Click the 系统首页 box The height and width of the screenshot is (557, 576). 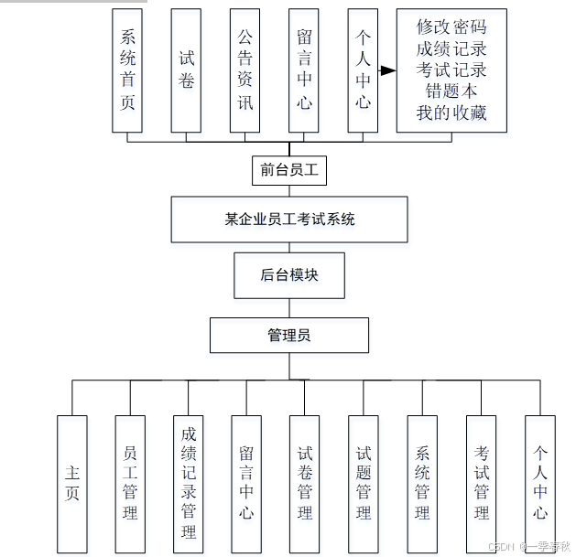[128, 70]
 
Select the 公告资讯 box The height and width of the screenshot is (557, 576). [245, 70]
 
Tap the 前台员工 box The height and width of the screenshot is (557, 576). [289, 169]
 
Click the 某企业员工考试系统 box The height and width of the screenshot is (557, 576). [289, 220]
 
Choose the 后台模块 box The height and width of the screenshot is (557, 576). [289, 274]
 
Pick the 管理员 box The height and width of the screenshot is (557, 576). [289, 335]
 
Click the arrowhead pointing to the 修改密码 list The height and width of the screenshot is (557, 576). [388, 70]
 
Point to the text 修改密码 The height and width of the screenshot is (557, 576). [451, 27]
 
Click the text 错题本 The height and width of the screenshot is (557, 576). [451, 91]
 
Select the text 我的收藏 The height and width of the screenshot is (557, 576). [451, 112]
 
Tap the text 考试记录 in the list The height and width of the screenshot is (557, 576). [451, 70]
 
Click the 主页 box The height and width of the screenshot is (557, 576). [72, 484]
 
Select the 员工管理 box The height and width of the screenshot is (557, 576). [130, 484]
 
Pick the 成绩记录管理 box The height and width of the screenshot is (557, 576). [189, 484]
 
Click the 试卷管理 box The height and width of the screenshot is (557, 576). [305, 484]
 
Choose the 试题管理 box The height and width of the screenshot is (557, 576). [364, 484]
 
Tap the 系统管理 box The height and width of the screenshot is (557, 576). [422, 484]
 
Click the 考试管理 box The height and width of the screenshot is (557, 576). [482, 484]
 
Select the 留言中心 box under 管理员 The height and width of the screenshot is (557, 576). [246, 484]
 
